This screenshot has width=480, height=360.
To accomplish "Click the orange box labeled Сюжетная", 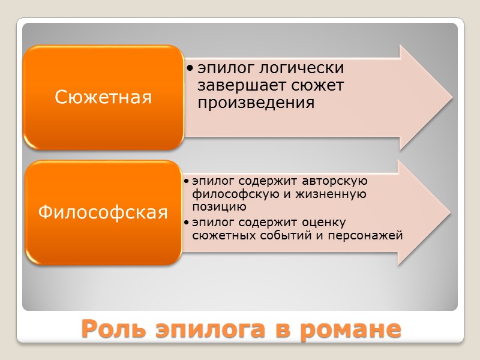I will point(103,97).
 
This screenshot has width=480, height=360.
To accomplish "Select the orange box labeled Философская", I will point(103,212).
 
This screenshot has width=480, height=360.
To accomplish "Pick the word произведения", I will point(256,103).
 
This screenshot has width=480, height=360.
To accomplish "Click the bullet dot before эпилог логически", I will point(189,68).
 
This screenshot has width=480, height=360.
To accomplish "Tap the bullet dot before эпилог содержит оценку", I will point(187,223).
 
